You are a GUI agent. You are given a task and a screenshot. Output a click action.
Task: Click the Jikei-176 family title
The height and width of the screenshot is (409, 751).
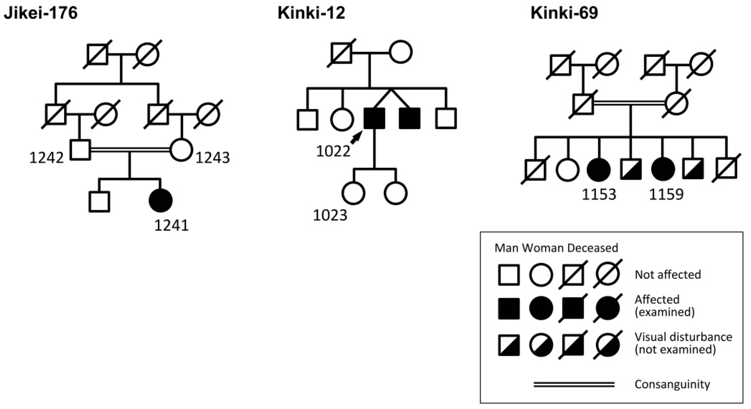click(x=41, y=13)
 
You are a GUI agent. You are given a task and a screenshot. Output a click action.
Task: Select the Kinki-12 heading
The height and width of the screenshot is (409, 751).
click(x=311, y=13)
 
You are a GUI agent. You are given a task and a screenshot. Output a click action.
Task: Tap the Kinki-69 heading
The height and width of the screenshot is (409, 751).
click(x=564, y=13)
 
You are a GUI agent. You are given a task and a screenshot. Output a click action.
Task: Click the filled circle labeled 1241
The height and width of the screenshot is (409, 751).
click(x=160, y=200)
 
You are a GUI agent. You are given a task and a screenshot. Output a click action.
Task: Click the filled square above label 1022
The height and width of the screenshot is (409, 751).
click(x=374, y=118)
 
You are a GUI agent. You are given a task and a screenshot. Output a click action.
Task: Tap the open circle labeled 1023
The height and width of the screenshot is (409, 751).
click(x=353, y=193)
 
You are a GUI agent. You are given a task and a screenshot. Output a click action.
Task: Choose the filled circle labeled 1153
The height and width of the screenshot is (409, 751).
click(x=599, y=169)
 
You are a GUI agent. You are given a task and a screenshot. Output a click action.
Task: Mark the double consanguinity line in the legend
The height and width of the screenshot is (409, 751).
click(x=574, y=385)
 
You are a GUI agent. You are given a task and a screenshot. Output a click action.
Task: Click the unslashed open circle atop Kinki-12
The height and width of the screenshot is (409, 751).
click(x=401, y=52)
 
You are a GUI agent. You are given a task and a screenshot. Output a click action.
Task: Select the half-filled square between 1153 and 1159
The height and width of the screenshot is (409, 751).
click(x=631, y=169)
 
